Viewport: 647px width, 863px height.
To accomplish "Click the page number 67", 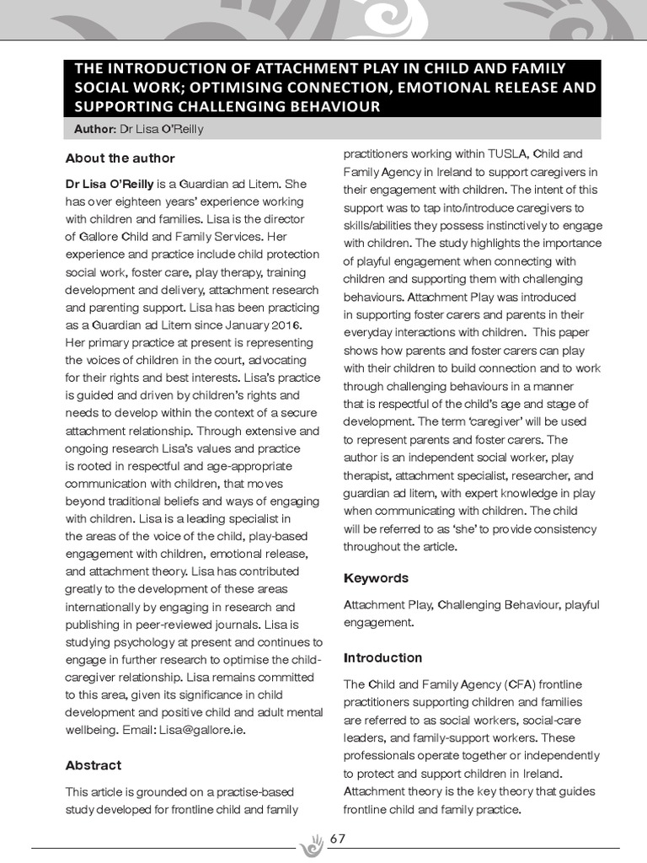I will pos(338,839).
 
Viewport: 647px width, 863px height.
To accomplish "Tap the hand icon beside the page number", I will pos(313,843).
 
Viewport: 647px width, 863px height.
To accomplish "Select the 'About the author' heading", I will pos(120,158).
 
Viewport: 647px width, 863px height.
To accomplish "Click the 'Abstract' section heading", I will pos(93,765).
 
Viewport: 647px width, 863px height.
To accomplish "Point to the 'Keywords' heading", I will pos(376,578).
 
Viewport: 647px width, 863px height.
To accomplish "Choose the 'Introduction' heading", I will pos(382,657).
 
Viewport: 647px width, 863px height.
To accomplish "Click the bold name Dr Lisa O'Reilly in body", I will pos(110,183).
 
